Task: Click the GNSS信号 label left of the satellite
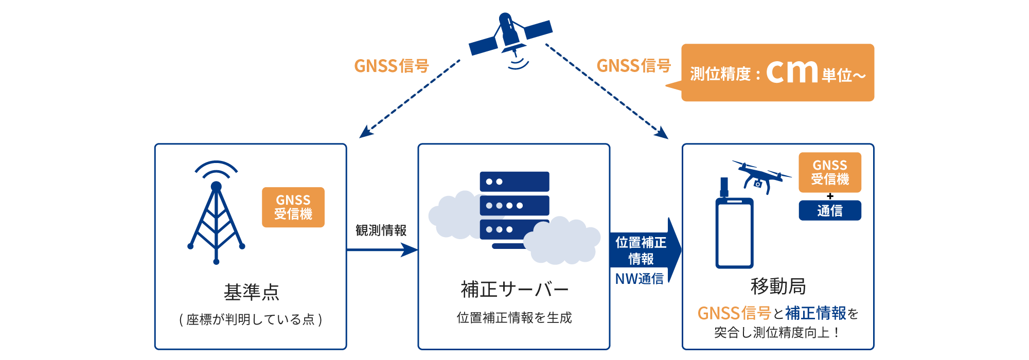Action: [x=391, y=66]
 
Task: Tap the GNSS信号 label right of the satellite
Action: [x=633, y=66]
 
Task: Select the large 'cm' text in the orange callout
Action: [x=792, y=72]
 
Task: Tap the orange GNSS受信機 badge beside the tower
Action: [x=293, y=207]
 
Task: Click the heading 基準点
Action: [x=251, y=292]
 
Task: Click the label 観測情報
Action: [x=381, y=230]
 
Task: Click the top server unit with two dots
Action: [x=514, y=182]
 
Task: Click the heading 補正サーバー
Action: [x=514, y=290]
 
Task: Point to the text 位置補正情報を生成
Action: [x=514, y=318]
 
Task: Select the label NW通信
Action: [x=639, y=279]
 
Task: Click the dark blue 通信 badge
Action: [x=829, y=211]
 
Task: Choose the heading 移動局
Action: [x=777, y=286]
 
